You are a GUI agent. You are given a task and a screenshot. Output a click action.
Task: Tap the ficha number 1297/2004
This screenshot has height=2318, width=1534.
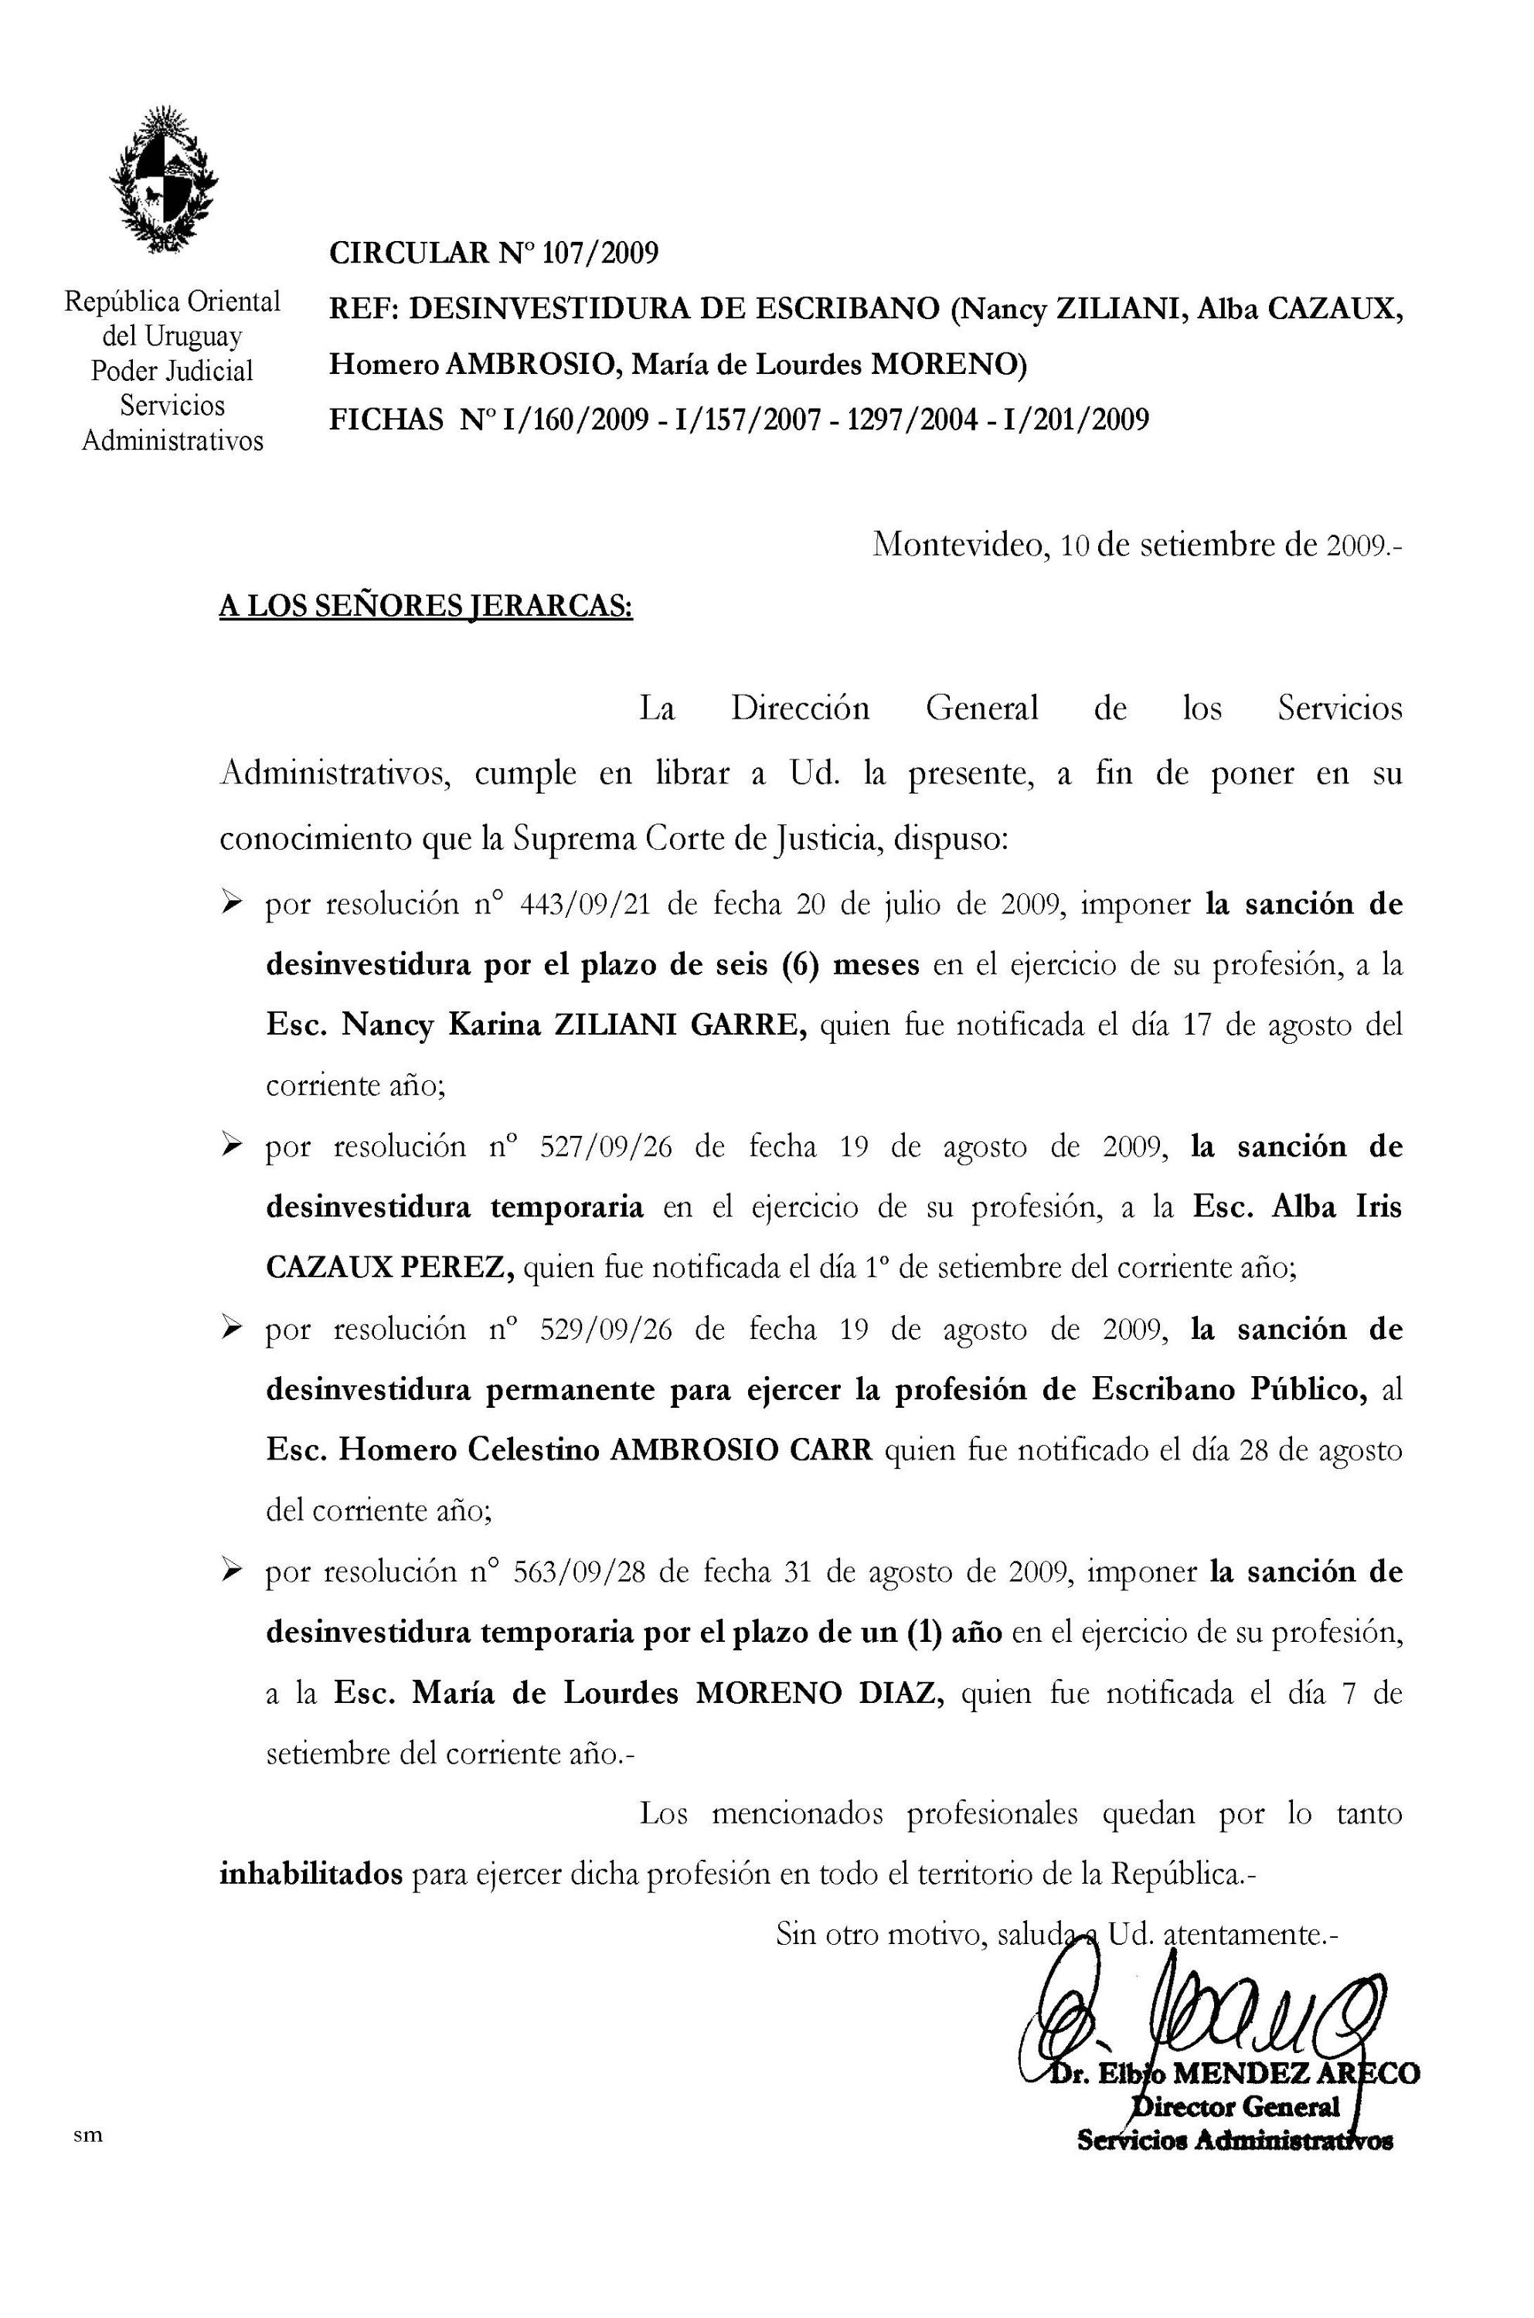pos(913,420)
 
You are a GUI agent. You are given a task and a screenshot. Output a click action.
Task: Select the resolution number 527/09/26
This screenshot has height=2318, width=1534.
pos(607,1147)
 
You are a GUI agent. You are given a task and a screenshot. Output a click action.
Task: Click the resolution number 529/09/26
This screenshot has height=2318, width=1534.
pos(607,1329)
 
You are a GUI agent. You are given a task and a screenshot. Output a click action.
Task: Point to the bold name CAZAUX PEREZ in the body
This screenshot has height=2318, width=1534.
pos(389,1268)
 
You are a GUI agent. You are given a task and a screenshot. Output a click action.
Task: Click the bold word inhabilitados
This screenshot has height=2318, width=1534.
pos(311,1875)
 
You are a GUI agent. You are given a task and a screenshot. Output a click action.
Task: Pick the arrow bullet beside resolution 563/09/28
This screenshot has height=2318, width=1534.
pos(232,1572)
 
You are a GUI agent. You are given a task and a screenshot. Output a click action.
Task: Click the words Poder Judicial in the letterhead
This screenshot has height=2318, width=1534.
pos(172,371)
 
